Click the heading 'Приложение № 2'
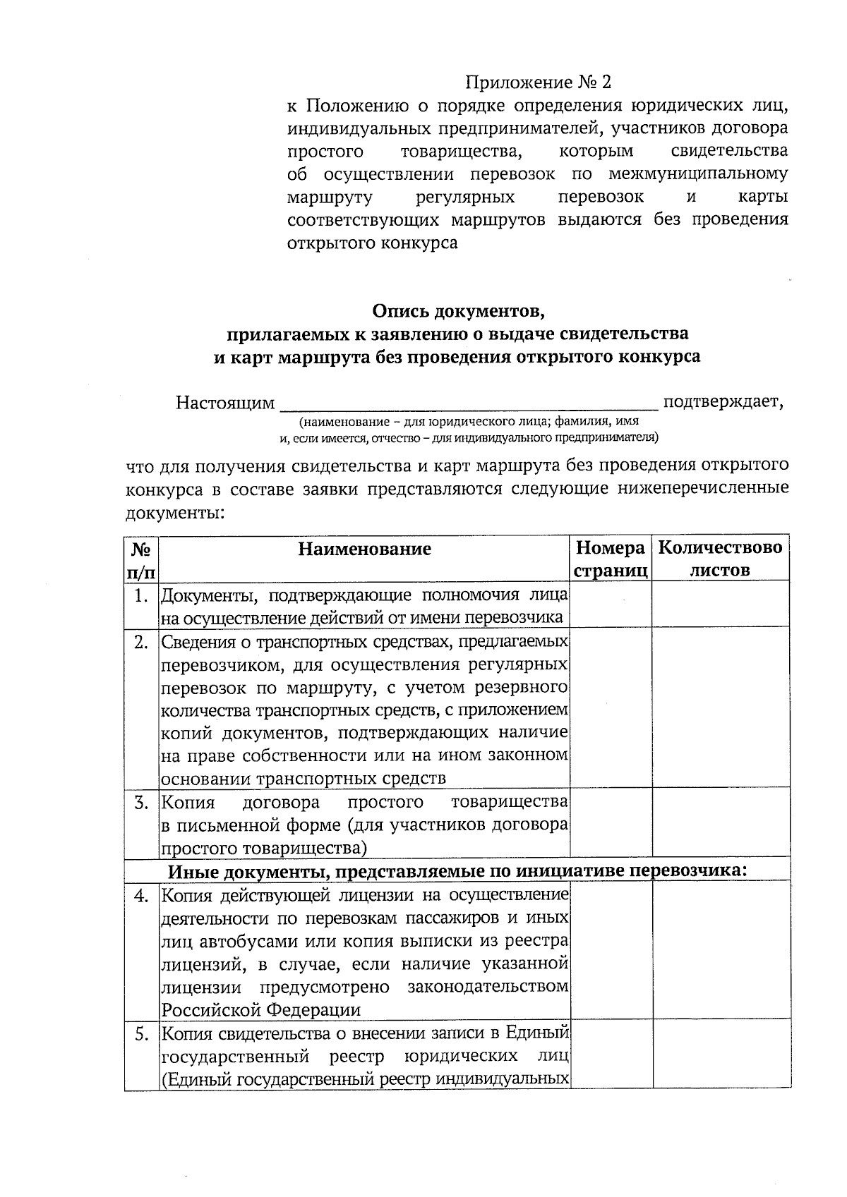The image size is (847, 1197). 538,83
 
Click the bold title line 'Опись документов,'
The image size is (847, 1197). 459,310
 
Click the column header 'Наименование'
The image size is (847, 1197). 364,549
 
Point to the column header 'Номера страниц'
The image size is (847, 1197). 611,559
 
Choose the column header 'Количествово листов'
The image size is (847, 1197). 720,559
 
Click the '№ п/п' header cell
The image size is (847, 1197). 142,559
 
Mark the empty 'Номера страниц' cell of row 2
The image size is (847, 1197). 611,707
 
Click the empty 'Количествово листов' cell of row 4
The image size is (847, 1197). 720,951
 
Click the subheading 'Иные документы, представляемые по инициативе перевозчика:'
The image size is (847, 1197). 457,870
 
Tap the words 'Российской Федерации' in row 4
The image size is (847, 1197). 261,1009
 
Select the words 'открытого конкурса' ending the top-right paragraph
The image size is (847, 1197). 373,243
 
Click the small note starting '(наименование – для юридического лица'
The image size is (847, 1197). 469,422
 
